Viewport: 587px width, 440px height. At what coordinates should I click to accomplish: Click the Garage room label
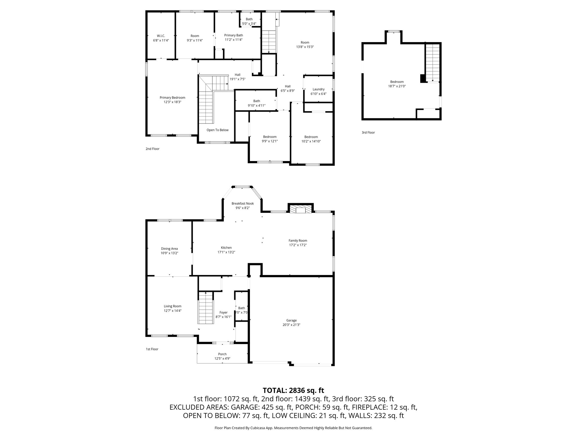(291, 320)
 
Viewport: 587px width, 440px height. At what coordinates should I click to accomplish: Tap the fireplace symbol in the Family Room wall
(300, 209)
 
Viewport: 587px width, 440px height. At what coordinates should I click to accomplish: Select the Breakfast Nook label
(242, 203)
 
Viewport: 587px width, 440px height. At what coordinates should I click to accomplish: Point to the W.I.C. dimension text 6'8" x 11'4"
(161, 40)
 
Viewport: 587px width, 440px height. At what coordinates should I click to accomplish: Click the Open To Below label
(218, 130)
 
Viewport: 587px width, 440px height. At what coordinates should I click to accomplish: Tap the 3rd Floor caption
(368, 133)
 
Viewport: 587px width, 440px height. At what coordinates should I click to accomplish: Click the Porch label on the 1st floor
(222, 354)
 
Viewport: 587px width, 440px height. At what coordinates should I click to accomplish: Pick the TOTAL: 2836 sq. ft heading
(293, 390)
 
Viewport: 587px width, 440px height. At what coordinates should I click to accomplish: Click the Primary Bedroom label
(172, 98)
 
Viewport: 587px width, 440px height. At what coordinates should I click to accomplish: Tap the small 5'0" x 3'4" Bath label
(249, 24)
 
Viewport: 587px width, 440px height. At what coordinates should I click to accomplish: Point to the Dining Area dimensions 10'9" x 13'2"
(169, 253)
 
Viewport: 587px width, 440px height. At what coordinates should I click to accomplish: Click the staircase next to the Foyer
(206, 308)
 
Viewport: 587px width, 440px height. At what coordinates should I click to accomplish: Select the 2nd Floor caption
(152, 149)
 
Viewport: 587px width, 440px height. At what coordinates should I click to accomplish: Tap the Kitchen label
(226, 247)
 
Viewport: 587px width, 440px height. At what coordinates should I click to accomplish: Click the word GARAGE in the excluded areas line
(244, 407)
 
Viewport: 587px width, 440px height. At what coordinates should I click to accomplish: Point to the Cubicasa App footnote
(293, 428)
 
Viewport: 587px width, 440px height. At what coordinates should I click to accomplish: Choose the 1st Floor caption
(152, 349)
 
